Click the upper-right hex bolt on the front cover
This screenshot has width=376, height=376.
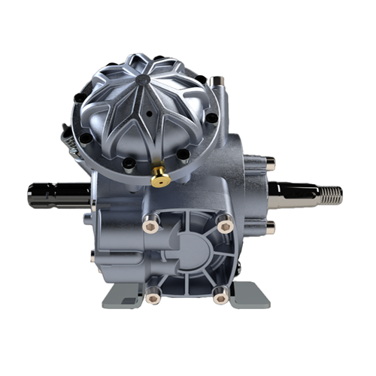pyautogui.click(x=223, y=223)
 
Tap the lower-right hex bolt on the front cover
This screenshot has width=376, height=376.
pyautogui.click(x=220, y=298)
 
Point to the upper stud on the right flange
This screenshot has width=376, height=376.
pyautogui.click(x=268, y=162)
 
